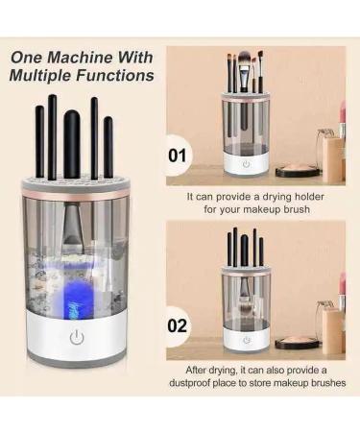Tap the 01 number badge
(179, 153)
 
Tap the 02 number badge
(179, 324)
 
